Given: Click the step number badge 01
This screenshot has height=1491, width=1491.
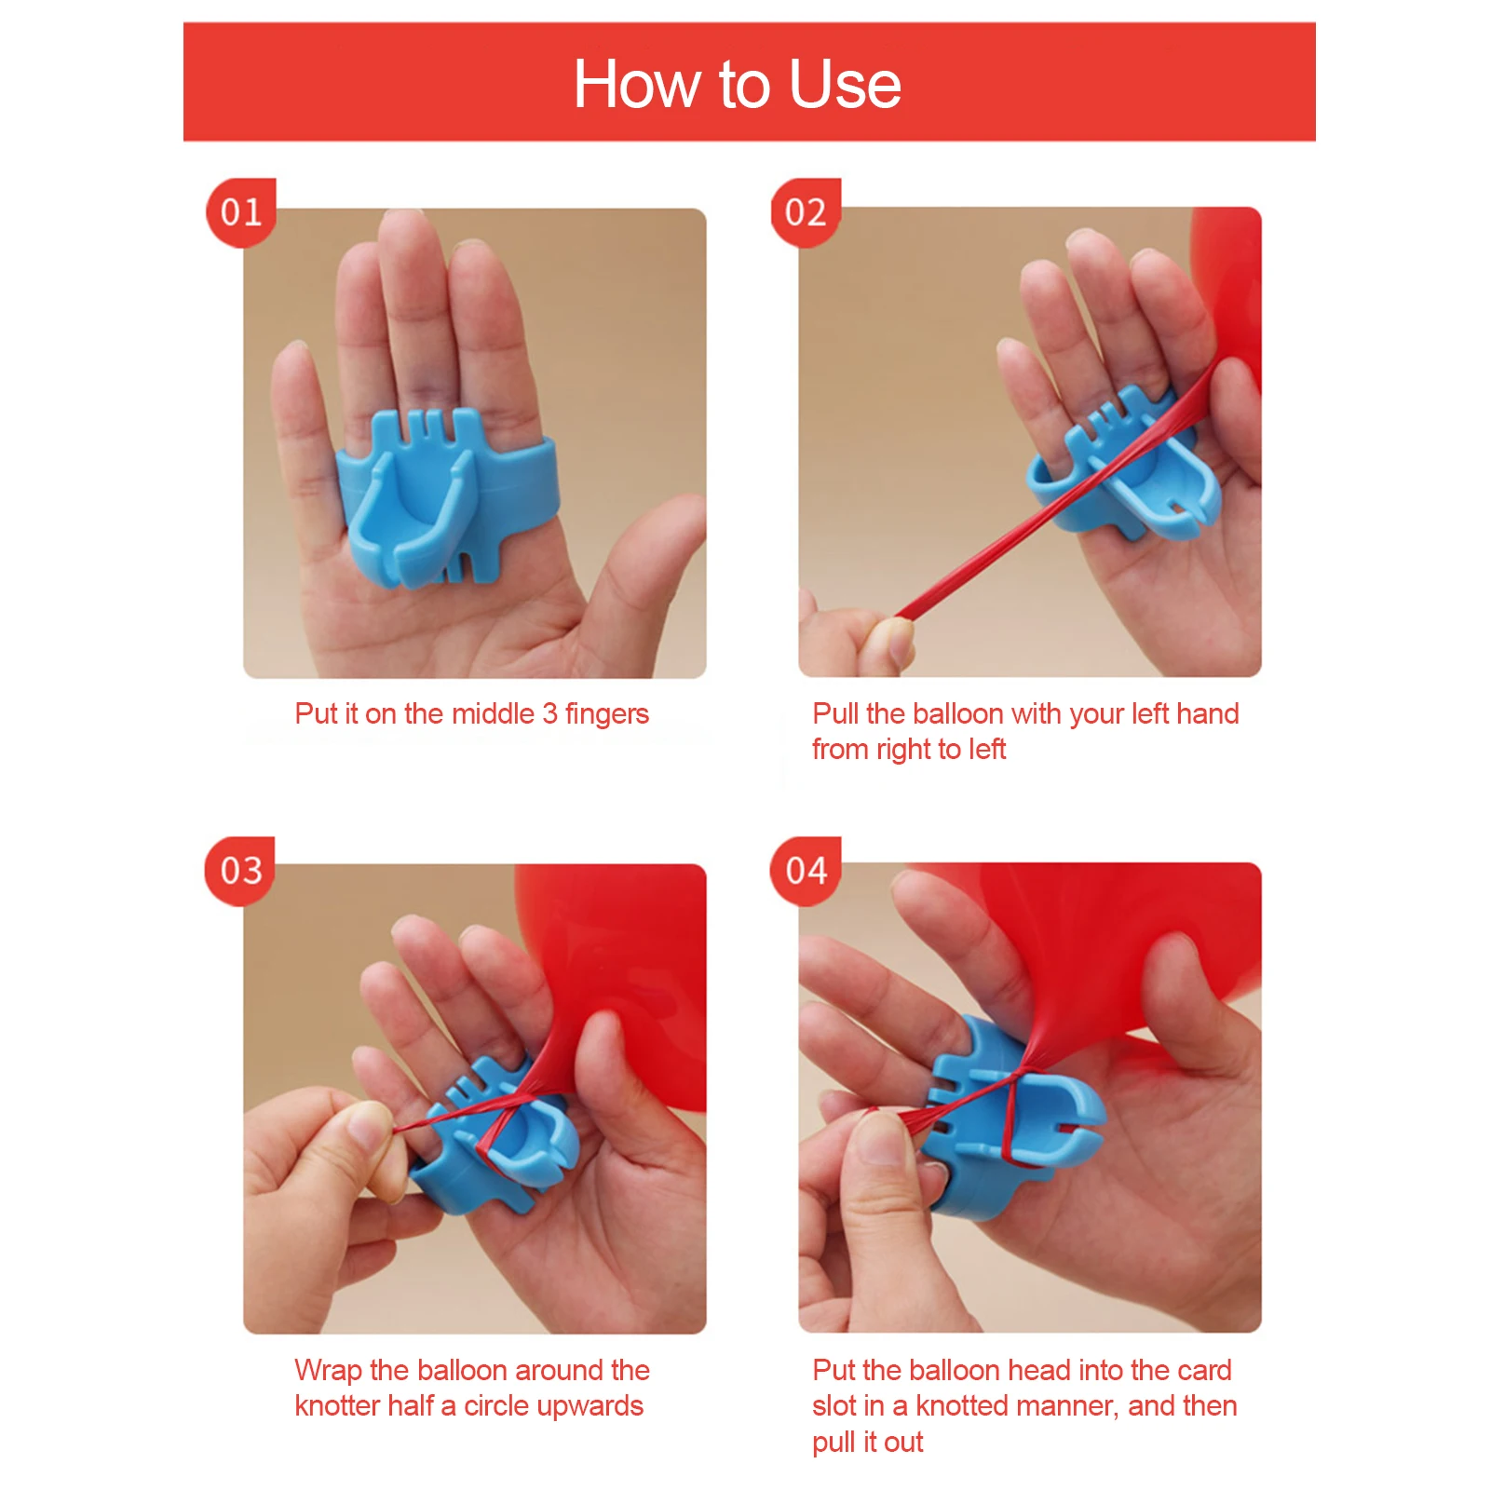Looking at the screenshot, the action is pyautogui.click(x=241, y=212).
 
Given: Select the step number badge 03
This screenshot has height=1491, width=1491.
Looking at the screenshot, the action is pyautogui.click(x=241, y=871).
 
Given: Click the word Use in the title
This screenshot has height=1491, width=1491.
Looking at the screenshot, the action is pyautogui.click(x=845, y=85).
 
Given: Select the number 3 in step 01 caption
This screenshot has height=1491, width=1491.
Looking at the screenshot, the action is pyautogui.click(x=549, y=714).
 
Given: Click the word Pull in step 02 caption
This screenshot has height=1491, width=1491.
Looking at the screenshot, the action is pyautogui.click(x=835, y=713).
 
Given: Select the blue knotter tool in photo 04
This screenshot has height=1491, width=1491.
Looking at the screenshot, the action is pyautogui.click(x=1006, y=1118).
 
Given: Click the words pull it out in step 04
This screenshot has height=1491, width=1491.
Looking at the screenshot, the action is pyautogui.click(x=867, y=1443).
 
